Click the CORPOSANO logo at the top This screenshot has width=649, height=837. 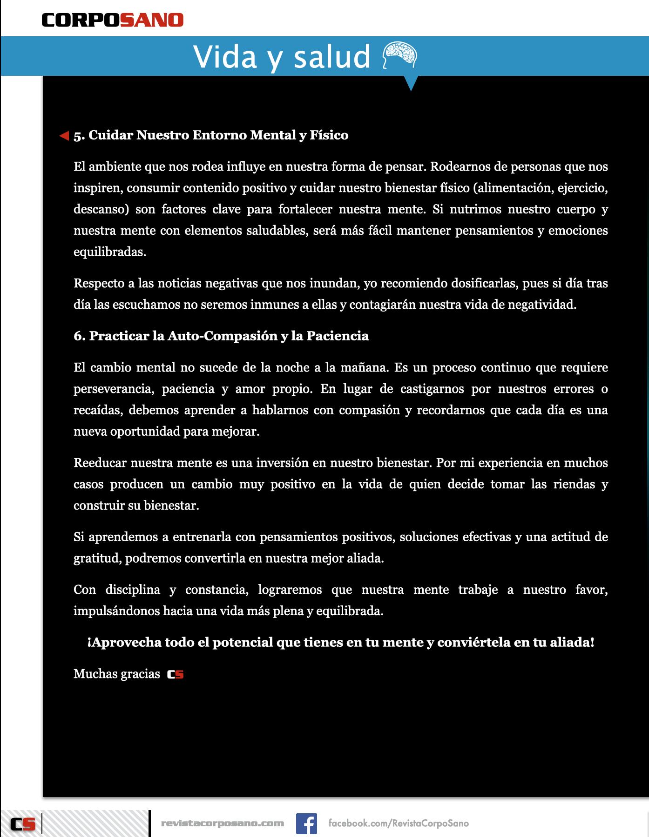coord(113,20)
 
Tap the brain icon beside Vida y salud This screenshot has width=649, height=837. coord(399,55)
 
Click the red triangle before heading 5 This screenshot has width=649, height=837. coord(64,136)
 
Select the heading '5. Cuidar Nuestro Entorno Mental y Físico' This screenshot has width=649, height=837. coord(211,135)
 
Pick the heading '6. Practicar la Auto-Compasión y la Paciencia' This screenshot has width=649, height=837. coord(221,336)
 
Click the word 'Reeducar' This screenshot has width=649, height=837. coord(100,463)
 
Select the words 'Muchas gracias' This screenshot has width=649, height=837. coord(116,674)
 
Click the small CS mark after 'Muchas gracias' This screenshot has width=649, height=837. coord(176,674)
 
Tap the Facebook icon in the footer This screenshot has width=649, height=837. coord(306,824)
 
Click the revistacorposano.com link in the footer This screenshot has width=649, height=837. coord(223,824)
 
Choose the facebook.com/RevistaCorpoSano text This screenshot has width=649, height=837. coord(399,824)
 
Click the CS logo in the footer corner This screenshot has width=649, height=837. coord(23,824)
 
